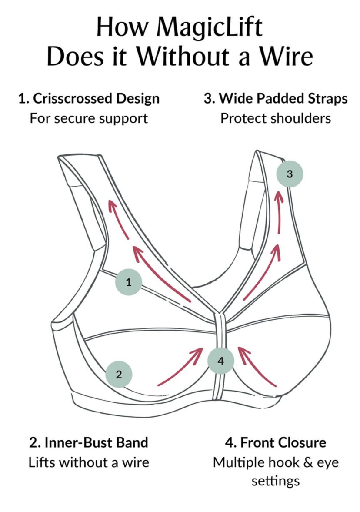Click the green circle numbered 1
coord(128,283)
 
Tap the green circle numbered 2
coord(119,374)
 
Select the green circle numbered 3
coord(290,174)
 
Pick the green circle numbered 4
coord(220,361)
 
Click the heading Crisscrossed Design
coord(96,98)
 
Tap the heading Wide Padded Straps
coord(283,98)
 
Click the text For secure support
coord(89,118)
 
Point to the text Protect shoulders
coord(276,118)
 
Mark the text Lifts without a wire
coord(89,462)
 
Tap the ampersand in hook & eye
coord(308,462)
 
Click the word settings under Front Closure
coord(276,481)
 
